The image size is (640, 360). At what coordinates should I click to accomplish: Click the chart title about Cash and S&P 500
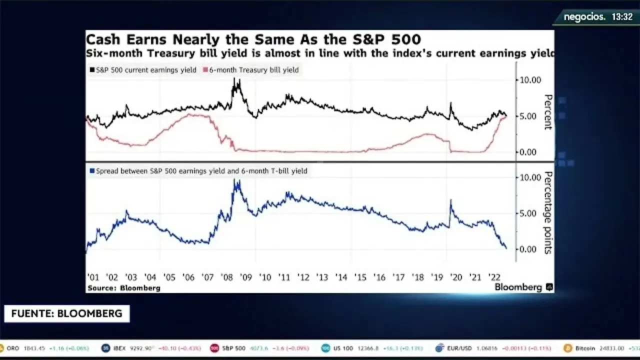coord(253,39)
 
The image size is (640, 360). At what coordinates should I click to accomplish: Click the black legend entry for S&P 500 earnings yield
coord(145,70)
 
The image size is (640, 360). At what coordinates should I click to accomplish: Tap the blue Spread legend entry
coord(198,171)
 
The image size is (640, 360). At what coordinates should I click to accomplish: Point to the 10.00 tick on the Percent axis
coord(530,80)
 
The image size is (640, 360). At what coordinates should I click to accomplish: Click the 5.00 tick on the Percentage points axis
coord(530,213)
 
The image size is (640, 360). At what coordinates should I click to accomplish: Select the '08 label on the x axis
coord(226,278)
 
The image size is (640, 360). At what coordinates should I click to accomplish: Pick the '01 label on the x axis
coord(93,278)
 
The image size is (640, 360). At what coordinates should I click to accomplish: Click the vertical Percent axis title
coord(548,112)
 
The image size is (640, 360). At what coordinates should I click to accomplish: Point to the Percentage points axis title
coord(548,212)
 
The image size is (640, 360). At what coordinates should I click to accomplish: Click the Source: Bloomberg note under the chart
coord(124,288)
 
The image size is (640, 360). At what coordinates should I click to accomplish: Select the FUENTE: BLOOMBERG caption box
coord(66,314)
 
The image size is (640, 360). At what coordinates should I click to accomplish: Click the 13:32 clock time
coord(622,17)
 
